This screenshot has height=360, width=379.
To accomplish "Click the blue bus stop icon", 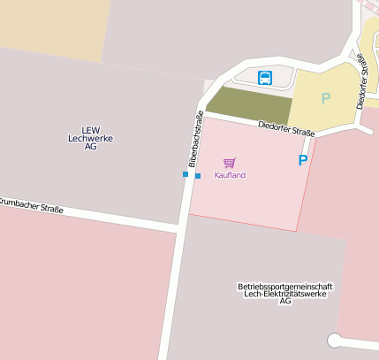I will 265,78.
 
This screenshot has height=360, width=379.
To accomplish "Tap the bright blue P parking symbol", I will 303,161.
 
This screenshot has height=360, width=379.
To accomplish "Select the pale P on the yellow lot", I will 325,98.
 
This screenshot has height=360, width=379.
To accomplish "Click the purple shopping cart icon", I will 230,163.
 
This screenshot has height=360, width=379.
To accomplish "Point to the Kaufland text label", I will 230,175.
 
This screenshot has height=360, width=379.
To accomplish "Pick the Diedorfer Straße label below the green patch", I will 286,129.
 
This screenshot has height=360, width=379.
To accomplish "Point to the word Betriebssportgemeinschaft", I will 284,287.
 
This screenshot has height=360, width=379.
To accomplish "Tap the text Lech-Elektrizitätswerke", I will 284,295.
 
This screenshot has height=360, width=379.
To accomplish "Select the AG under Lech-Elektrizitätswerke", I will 284,303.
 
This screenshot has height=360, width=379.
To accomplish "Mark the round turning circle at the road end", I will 335,341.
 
